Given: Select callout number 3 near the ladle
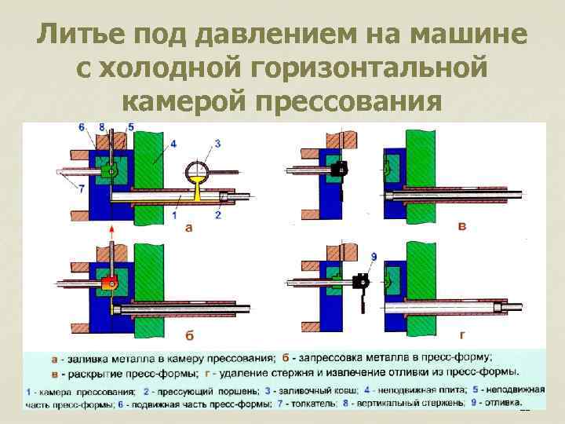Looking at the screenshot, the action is click(217, 143).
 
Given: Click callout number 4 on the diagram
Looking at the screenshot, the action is click(172, 144).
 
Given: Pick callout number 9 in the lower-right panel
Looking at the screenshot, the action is click(352, 257).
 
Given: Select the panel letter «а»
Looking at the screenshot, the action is click(188, 228).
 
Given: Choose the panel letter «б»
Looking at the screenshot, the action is click(189, 335).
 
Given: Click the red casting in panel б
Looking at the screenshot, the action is click(108, 282).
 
